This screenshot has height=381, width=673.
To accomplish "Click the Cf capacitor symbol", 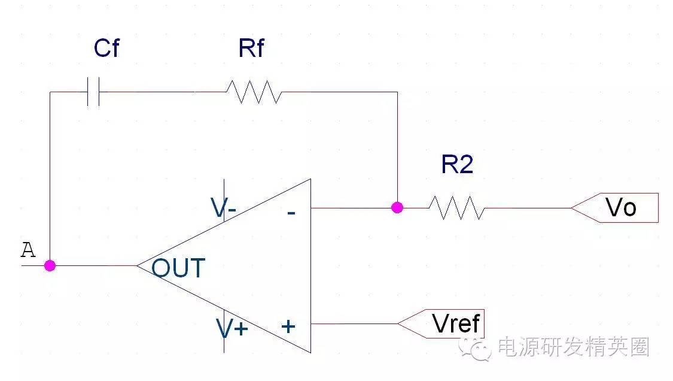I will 93,92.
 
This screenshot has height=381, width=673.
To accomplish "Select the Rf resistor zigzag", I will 253,92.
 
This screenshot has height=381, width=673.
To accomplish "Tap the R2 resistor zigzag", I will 456,207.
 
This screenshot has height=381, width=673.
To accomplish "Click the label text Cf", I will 106,49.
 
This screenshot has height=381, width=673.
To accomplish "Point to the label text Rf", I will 251,49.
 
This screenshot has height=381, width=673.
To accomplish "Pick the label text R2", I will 457,164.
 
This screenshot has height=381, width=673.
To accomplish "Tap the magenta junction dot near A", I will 50,265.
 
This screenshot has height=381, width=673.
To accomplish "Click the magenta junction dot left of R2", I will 397,207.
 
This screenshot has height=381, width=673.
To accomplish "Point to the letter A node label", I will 28,250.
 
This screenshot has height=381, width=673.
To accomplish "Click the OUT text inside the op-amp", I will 178,268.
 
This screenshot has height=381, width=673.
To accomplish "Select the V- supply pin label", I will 223,208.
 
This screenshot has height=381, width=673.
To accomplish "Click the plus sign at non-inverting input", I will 289,326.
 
